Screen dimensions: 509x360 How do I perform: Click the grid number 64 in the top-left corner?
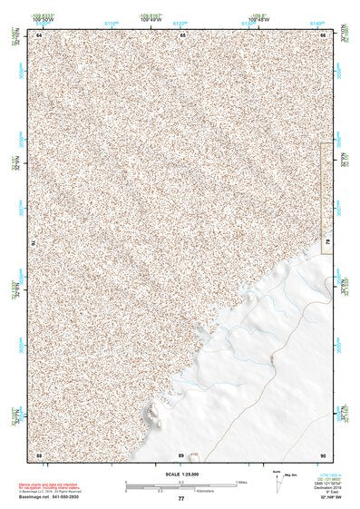[x=39, y=34]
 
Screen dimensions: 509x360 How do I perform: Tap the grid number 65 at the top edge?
[x=181, y=34]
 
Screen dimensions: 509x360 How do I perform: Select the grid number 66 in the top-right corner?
[x=324, y=34]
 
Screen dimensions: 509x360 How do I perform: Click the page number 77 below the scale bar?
[x=180, y=499]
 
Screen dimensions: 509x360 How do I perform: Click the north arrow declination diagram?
[x=275, y=483]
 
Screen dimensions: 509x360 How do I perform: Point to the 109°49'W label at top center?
[x=151, y=18]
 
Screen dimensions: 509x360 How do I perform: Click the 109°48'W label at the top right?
[x=259, y=18]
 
